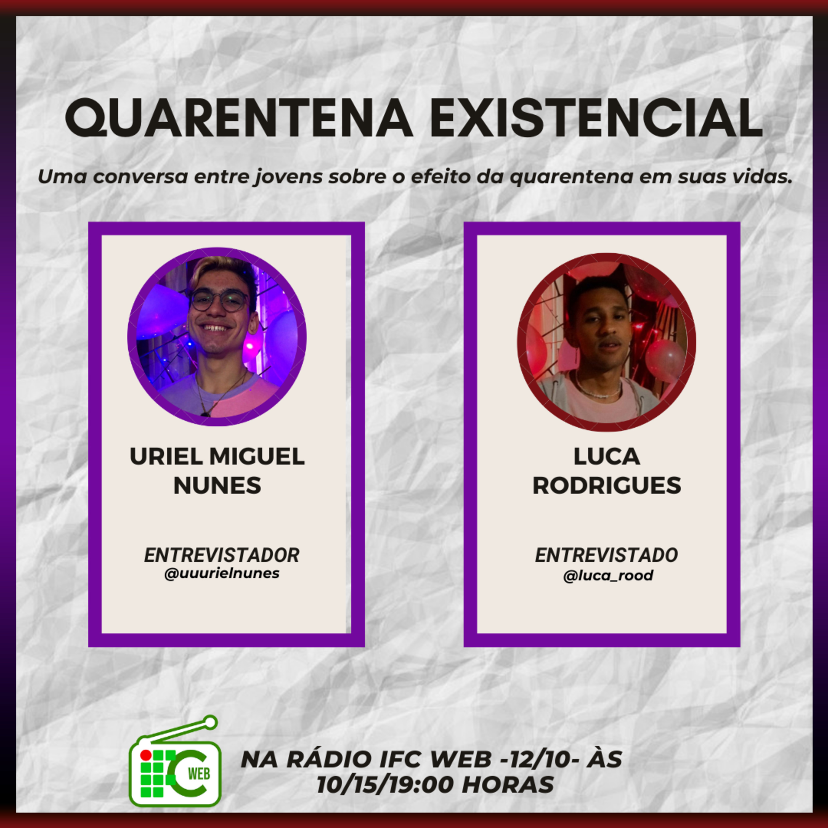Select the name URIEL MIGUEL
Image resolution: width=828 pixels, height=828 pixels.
pos(217,457)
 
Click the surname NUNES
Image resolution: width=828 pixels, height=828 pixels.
pos(217,485)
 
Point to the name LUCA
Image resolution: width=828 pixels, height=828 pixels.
pos(607,457)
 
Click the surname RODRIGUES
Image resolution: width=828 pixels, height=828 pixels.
pos(607,485)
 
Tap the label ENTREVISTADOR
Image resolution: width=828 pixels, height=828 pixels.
pos(222,555)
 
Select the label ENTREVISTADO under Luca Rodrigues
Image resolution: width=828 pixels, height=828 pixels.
pos(606,555)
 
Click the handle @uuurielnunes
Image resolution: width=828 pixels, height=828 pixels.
pos(222,574)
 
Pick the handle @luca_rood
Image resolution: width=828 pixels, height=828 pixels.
pos(608,575)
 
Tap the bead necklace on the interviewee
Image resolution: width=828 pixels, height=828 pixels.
pos(598,387)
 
